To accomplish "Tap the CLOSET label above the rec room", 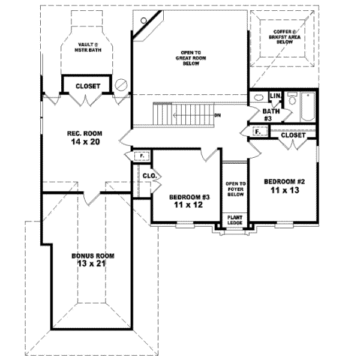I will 88,86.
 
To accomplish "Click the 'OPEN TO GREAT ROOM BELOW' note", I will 190,58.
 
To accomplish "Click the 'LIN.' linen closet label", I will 275,97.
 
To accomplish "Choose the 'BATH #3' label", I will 269,115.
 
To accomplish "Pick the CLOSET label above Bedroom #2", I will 293,136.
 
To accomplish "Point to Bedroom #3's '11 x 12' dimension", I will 185,205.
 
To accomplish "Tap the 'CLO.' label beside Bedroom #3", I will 149,176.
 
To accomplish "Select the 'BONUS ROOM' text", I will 92,256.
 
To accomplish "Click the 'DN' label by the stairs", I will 217,115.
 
